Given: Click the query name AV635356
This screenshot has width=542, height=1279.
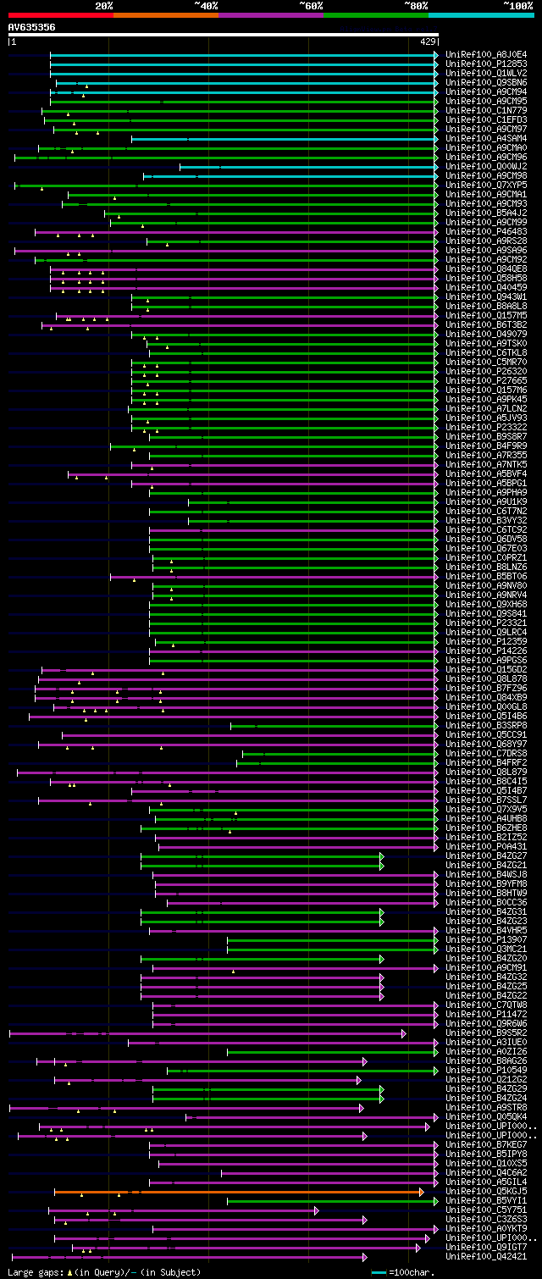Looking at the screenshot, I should [32, 28].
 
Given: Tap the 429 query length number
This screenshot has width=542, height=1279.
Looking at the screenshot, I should [427, 41].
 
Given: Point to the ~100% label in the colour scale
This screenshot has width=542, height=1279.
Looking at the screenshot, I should [517, 5].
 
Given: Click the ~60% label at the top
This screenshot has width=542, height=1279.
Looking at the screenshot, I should [311, 5].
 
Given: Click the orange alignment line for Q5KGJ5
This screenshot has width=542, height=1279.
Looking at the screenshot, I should [237, 1191].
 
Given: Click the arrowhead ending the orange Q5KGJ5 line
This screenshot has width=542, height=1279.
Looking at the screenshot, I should [421, 1191].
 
